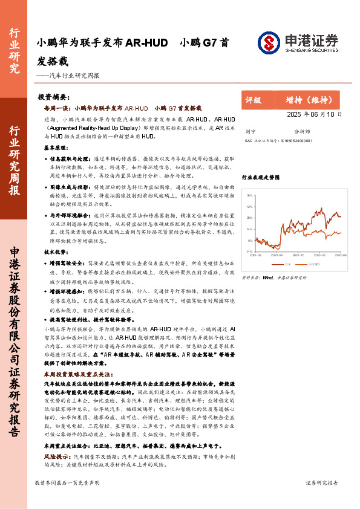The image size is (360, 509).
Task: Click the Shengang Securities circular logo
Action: coord(269,42)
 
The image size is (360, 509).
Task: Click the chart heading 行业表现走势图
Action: coord(261,178)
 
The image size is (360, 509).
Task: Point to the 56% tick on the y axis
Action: coord(250,195)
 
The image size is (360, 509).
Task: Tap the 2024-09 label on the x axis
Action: coord(277,256)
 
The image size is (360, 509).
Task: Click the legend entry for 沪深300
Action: coord(313,264)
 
